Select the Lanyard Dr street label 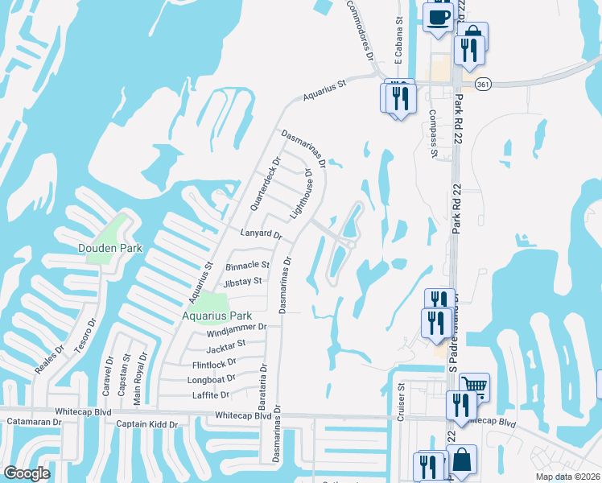(262, 235)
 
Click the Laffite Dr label (211, 395)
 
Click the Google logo (27, 473)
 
